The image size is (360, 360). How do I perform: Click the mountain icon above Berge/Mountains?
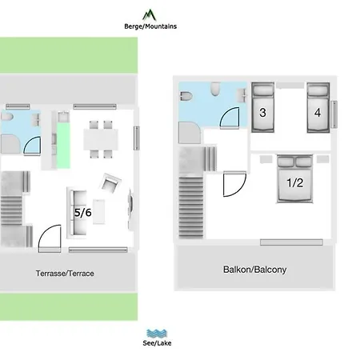coord(150,15)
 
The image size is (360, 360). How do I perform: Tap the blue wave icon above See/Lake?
coord(157,334)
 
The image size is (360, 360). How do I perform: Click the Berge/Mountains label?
coord(150,26)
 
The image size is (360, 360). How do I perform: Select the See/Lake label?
coord(157,343)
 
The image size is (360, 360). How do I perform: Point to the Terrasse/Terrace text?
coord(65,274)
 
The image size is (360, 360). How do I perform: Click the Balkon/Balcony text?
coord(254,270)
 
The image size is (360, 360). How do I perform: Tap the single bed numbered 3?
coord(263,107)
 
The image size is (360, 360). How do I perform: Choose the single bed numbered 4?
coord(318,107)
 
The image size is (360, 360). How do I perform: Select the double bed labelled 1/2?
coord(294,178)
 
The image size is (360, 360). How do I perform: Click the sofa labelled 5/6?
coord(77,213)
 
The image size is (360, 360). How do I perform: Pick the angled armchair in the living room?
coord(110,182)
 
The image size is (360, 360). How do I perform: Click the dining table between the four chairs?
coord(101,139)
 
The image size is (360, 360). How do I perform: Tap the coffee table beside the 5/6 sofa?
coord(99,212)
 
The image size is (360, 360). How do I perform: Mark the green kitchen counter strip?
coord(63,146)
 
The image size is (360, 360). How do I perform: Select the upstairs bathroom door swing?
coord(230,118)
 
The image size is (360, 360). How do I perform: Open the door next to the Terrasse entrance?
coord(50,238)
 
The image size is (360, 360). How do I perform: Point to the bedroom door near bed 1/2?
coord(234,184)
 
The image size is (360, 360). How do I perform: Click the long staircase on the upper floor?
coord(191,207)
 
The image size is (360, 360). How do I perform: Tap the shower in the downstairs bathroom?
coord(10,144)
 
